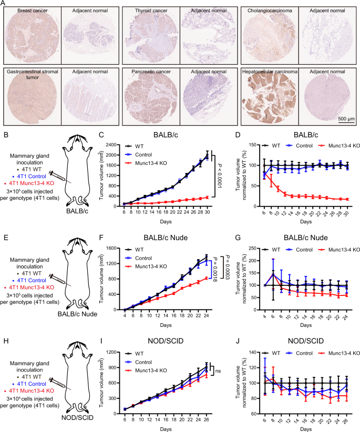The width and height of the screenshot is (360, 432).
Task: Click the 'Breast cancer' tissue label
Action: tap(32, 11)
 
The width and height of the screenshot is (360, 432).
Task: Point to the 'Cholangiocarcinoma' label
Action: tap(269, 11)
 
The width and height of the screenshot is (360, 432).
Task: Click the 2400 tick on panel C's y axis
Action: tap(116, 145)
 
